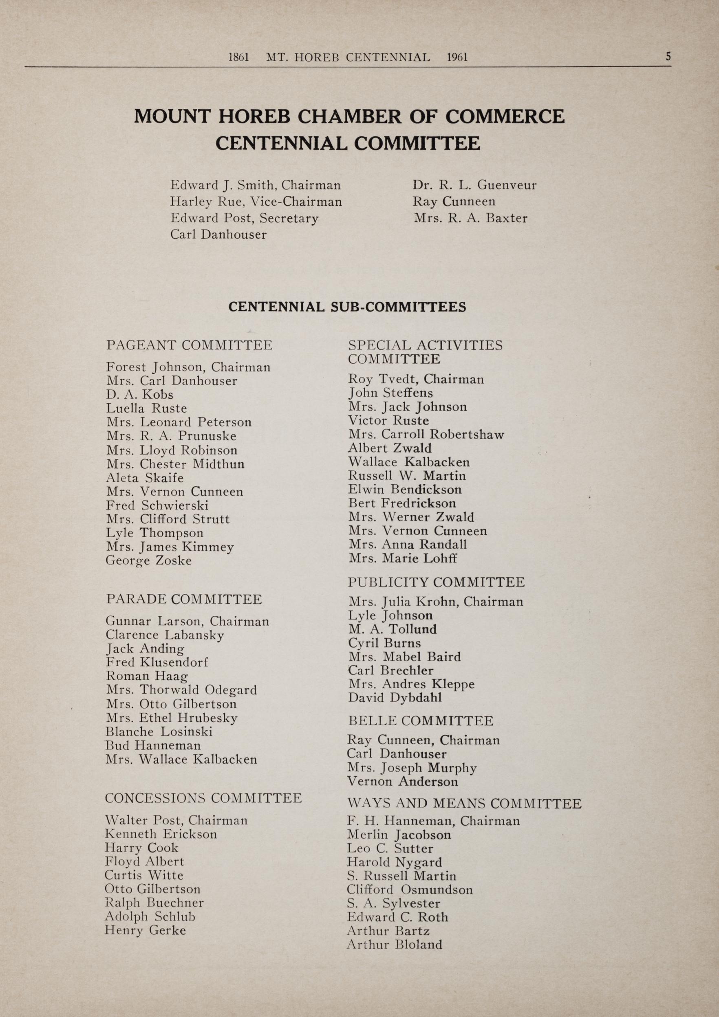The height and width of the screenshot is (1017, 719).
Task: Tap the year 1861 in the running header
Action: [x=238, y=57]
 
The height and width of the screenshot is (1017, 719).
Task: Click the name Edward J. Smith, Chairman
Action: [x=255, y=185]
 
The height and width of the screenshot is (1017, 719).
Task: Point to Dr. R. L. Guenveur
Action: [x=474, y=185]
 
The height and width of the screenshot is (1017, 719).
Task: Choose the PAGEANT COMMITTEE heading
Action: [x=189, y=345]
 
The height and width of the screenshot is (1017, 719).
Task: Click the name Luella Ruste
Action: [x=147, y=408]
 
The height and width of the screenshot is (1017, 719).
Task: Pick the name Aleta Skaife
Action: [x=145, y=477]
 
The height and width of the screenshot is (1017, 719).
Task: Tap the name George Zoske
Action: [x=148, y=561]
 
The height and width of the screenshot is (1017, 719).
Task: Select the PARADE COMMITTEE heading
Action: [x=184, y=599]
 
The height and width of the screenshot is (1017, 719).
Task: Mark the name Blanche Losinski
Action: [x=159, y=731]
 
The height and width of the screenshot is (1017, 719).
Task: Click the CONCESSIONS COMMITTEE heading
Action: [x=203, y=798]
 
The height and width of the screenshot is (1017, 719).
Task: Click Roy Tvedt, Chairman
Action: [x=416, y=379]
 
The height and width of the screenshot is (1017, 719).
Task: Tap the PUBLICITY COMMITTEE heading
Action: [x=437, y=582]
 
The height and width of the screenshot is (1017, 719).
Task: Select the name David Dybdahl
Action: [x=395, y=698]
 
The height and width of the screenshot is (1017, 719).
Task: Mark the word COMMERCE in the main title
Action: [x=505, y=116]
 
